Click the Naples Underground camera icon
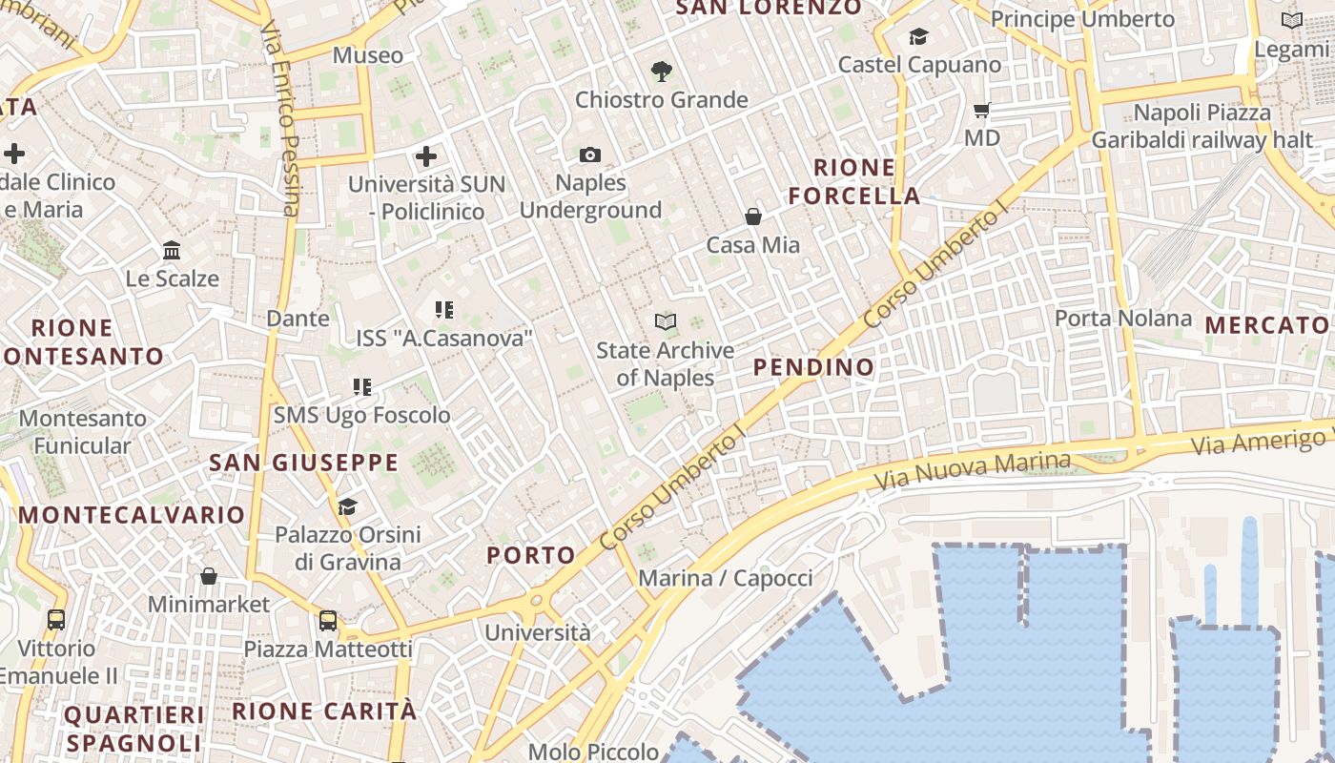(x=590, y=155)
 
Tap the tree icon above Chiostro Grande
(x=661, y=71)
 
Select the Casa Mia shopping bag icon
(x=753, y=217)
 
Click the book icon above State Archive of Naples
(x=666, y=321)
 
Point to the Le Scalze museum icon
(x=172, y=251)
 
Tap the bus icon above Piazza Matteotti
(x=328, y=621)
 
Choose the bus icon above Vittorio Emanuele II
(x=56, y=620)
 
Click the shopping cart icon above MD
(x=982, y=110)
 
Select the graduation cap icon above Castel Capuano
(x=919, y=36)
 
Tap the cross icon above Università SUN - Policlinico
(x=426, y=155)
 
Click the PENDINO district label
(x=813, y=367)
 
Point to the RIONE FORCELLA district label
(x=854, y=182)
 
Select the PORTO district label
(x=531, y=555)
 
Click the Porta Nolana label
(x=1123, y=318)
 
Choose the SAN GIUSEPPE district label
(x=303, y=464)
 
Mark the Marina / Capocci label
(x=726, y=578)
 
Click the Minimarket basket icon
(x=209, y=576)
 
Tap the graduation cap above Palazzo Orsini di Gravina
(x=347, y=505)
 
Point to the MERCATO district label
(x=1266, y=325)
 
